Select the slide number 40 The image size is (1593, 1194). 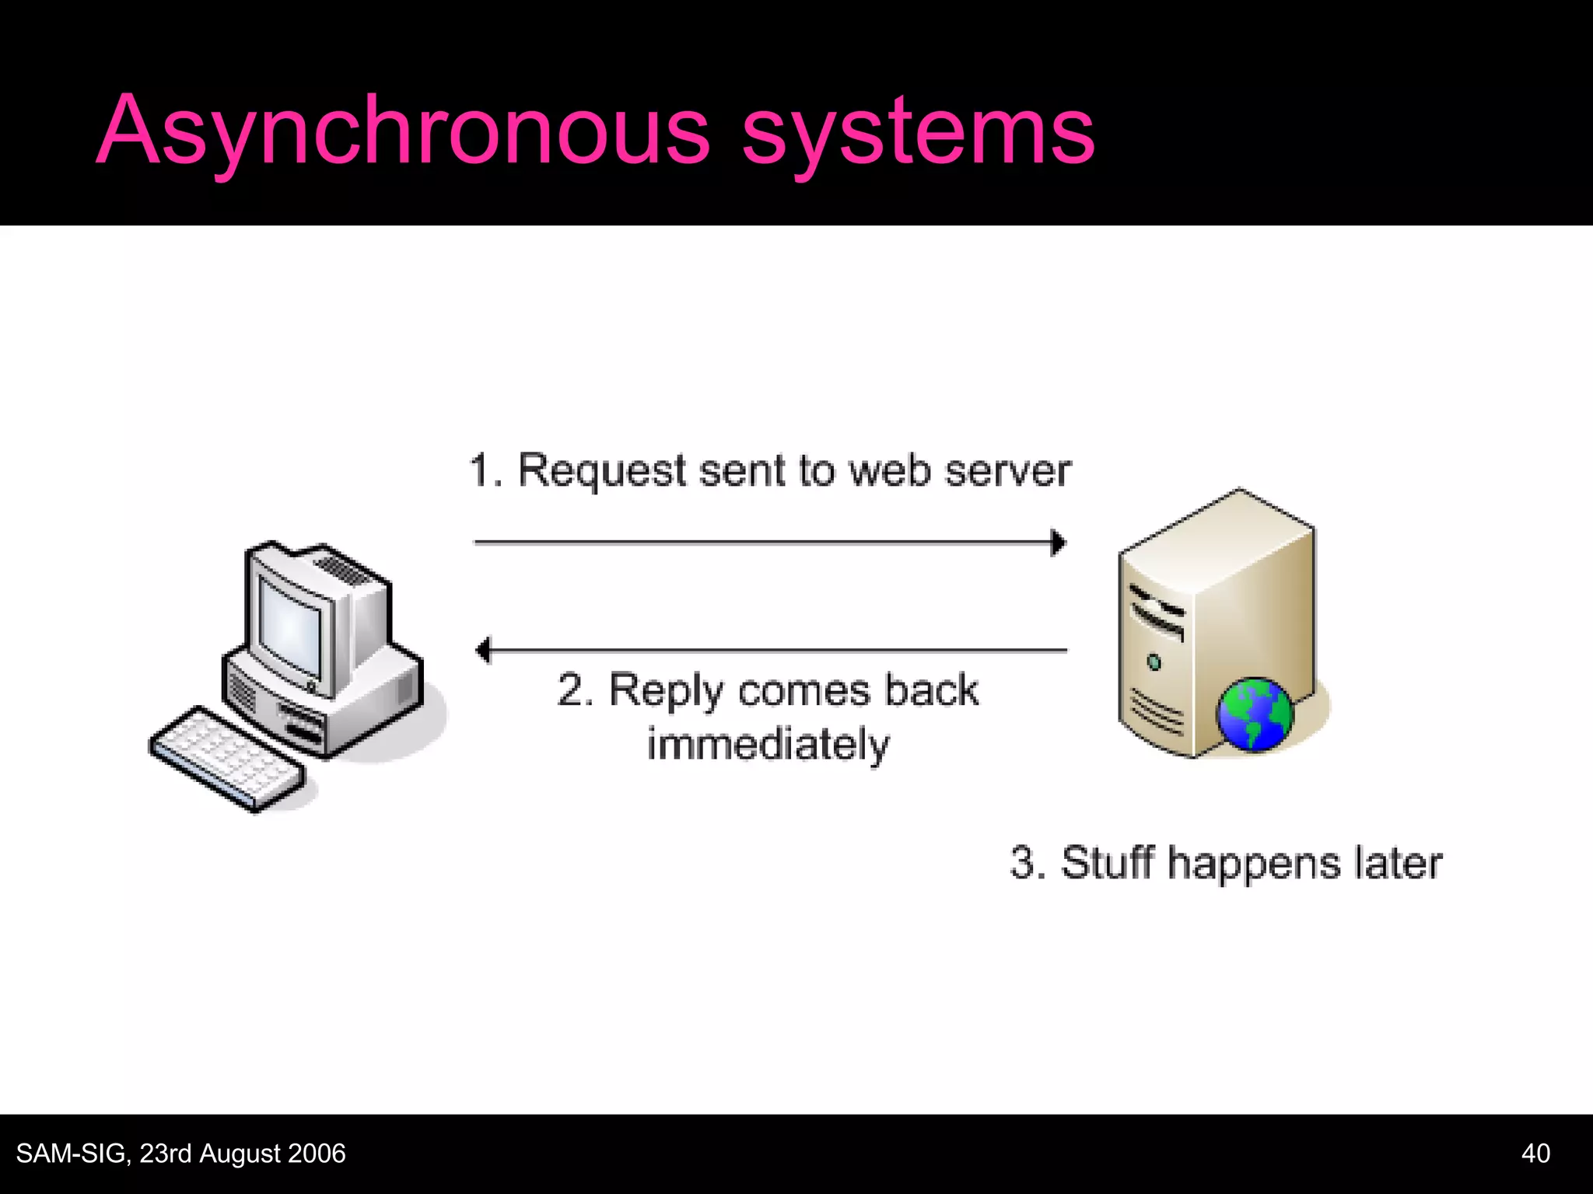[x=1535, y=1153]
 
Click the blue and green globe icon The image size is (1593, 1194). [x=1254, y=714]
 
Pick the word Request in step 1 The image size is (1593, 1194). [x=602, y=471]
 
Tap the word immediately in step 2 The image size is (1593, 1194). [x=768, y=745]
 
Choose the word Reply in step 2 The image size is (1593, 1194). [x=665, y=691]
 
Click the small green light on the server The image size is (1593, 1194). [x=1154, y=662]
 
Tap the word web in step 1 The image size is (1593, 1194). [x=889, y=471]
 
